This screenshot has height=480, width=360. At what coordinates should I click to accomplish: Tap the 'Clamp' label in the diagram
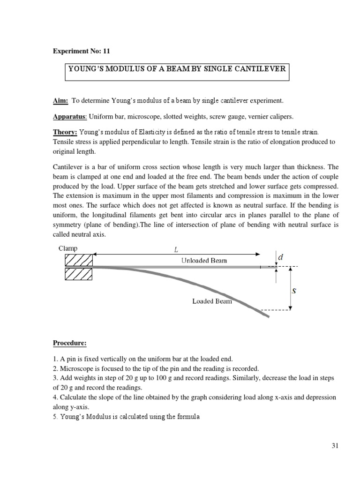coord(69,248)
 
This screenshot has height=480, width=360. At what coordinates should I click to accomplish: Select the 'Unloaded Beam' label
coord(204,261)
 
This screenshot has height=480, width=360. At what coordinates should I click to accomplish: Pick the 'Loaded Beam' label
coord(212,301)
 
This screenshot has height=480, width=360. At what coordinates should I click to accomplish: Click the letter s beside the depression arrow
coord(294,290)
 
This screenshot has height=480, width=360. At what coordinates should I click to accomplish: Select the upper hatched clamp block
coord(78,260)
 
